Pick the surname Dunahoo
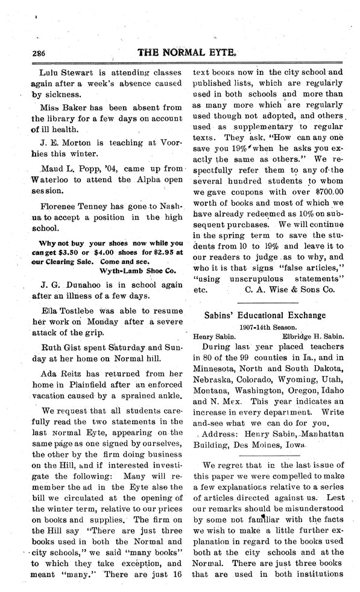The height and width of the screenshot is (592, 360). pyautogui.click(x=79, y=282)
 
